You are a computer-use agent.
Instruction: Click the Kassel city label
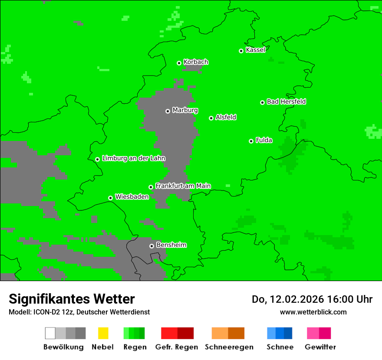255,50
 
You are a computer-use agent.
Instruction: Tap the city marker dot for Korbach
179,63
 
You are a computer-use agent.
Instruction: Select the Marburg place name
185,110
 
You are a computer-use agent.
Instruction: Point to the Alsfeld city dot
211,118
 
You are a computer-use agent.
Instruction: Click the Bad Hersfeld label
286,101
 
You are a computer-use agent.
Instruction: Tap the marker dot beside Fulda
251,141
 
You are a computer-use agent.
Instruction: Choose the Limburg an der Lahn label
133,158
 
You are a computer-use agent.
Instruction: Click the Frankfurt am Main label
183,186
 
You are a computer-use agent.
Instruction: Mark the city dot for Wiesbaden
110,198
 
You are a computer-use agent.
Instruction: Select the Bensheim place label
171,245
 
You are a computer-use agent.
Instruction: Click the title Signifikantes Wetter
72,299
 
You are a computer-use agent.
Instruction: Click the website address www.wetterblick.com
313,312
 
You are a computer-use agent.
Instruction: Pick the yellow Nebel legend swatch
103,333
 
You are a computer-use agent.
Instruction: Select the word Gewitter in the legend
320,347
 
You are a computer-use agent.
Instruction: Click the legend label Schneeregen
229,347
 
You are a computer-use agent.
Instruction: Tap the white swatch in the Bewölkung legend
50,333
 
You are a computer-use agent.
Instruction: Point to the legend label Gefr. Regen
176,347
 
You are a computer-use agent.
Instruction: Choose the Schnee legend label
280,347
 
